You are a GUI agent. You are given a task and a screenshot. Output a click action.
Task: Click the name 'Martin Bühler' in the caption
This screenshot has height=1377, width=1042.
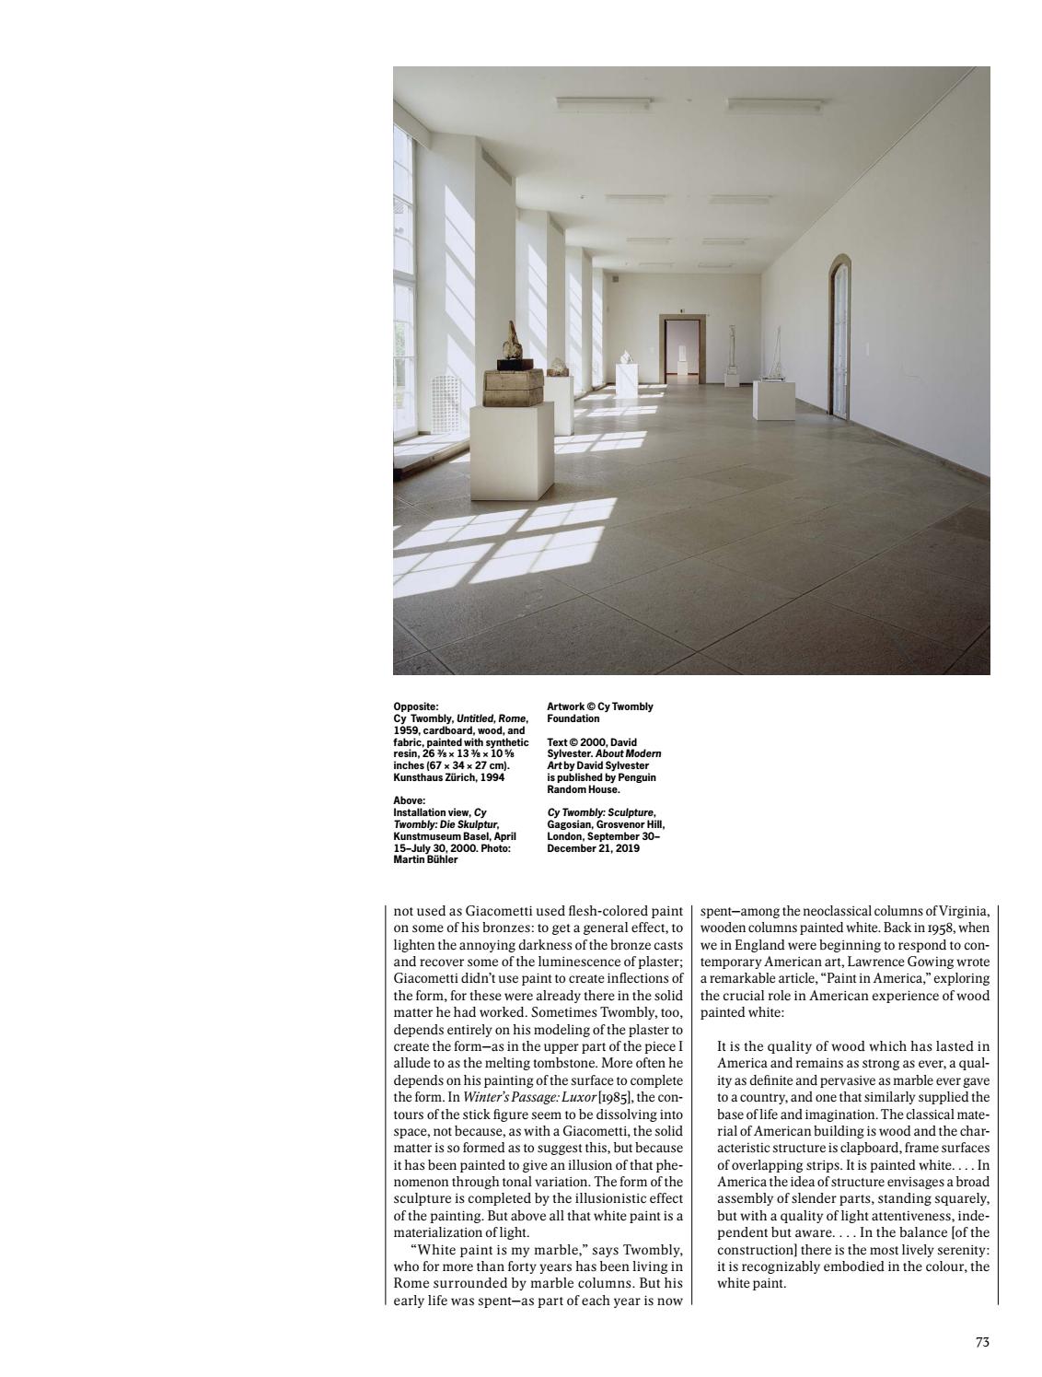click(424, 860)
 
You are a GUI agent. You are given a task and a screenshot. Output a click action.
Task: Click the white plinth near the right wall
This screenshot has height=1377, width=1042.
click(773, 400)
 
